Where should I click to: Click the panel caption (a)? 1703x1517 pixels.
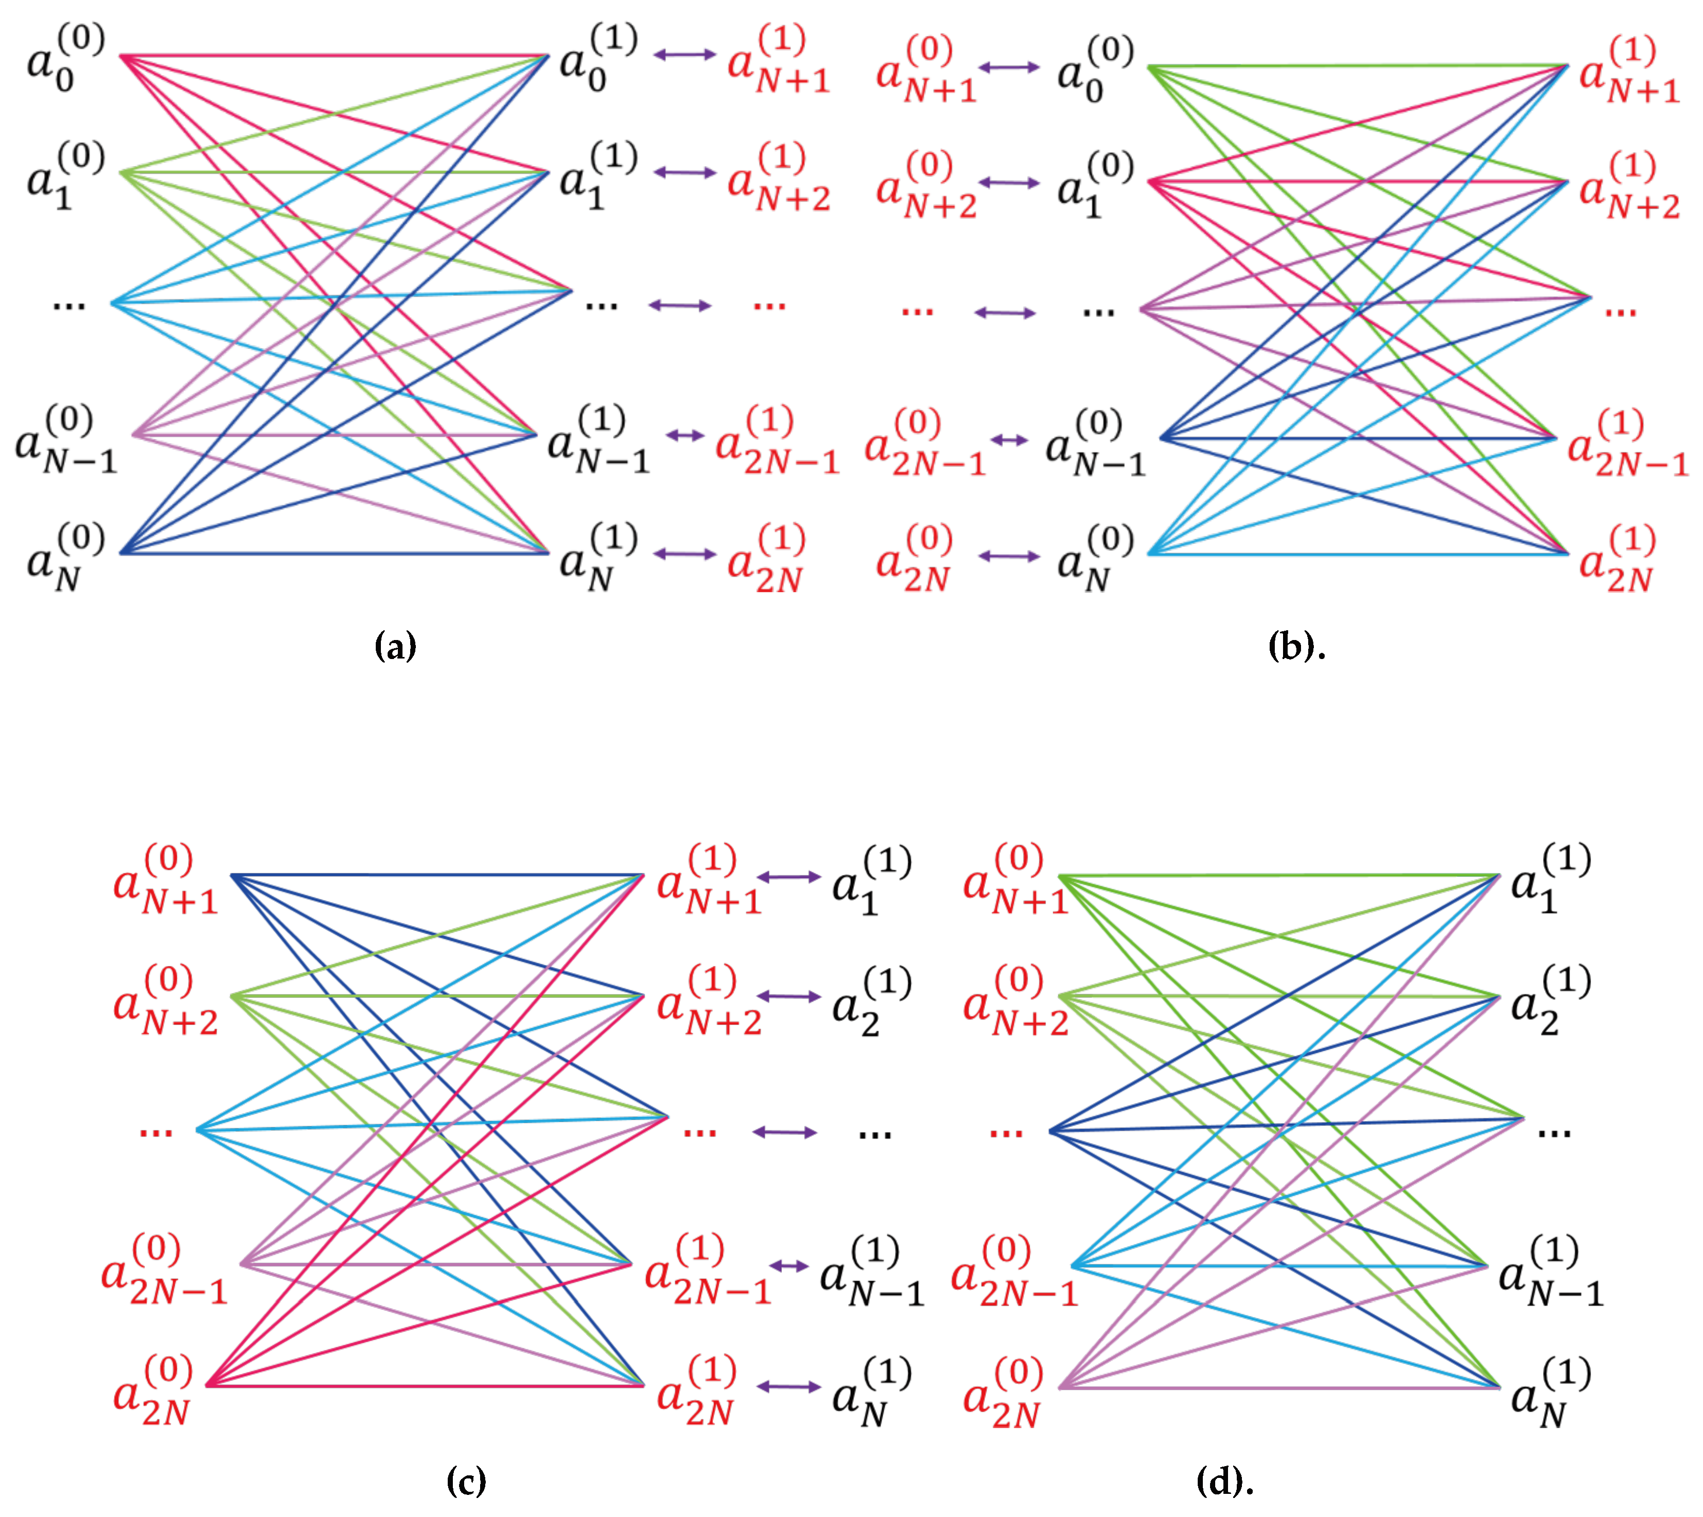tap(395, 646)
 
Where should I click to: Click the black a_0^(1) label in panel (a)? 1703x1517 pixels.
tap(597, 59)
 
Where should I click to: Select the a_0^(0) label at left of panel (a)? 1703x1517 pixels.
tap(65, 59)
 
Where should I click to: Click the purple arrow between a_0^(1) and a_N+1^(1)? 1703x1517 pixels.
tap(684, 55)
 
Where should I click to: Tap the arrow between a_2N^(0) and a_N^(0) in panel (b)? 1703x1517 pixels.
tap(1009, 556)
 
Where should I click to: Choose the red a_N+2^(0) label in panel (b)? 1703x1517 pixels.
tap(925, 185)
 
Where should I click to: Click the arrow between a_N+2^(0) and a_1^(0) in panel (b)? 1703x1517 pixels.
tap(1009, 182)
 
